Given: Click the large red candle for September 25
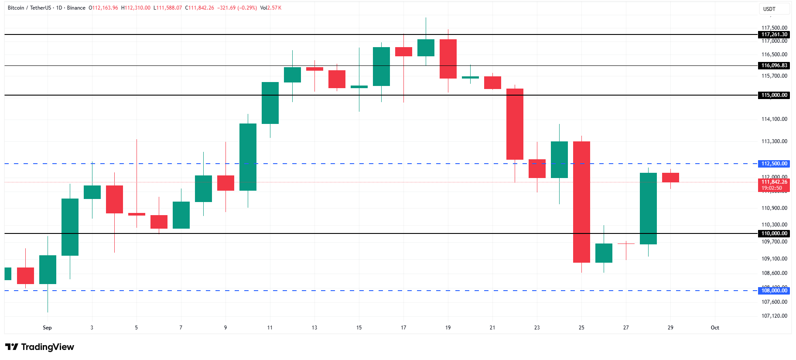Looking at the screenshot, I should point(581,202).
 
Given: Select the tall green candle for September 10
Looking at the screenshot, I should point(248,157).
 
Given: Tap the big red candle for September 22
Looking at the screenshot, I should point(515,124).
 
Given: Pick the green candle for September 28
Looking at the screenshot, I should point(648,208).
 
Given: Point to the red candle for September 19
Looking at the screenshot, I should point(448,59).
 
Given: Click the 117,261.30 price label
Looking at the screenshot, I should point(774,34).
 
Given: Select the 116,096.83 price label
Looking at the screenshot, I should point(774,65).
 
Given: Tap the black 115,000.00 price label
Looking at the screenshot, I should point(774,95).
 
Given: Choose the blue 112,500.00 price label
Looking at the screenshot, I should point(774,164).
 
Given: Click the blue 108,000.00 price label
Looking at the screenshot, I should point(774,291).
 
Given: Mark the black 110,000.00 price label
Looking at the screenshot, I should point(774,233).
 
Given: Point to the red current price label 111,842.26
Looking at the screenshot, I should point(774,182).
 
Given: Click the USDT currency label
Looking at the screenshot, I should point(769,9).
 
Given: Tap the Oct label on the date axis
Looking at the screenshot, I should point(715,328).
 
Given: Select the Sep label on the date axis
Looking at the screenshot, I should point(47,328).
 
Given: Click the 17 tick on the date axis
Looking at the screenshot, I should point(403,328).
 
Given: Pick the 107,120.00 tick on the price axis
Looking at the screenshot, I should point(774,316).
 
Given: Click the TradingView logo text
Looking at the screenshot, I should point(47,347).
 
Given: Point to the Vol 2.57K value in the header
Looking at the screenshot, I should point(271,8).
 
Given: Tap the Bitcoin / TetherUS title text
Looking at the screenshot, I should point(29,8).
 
